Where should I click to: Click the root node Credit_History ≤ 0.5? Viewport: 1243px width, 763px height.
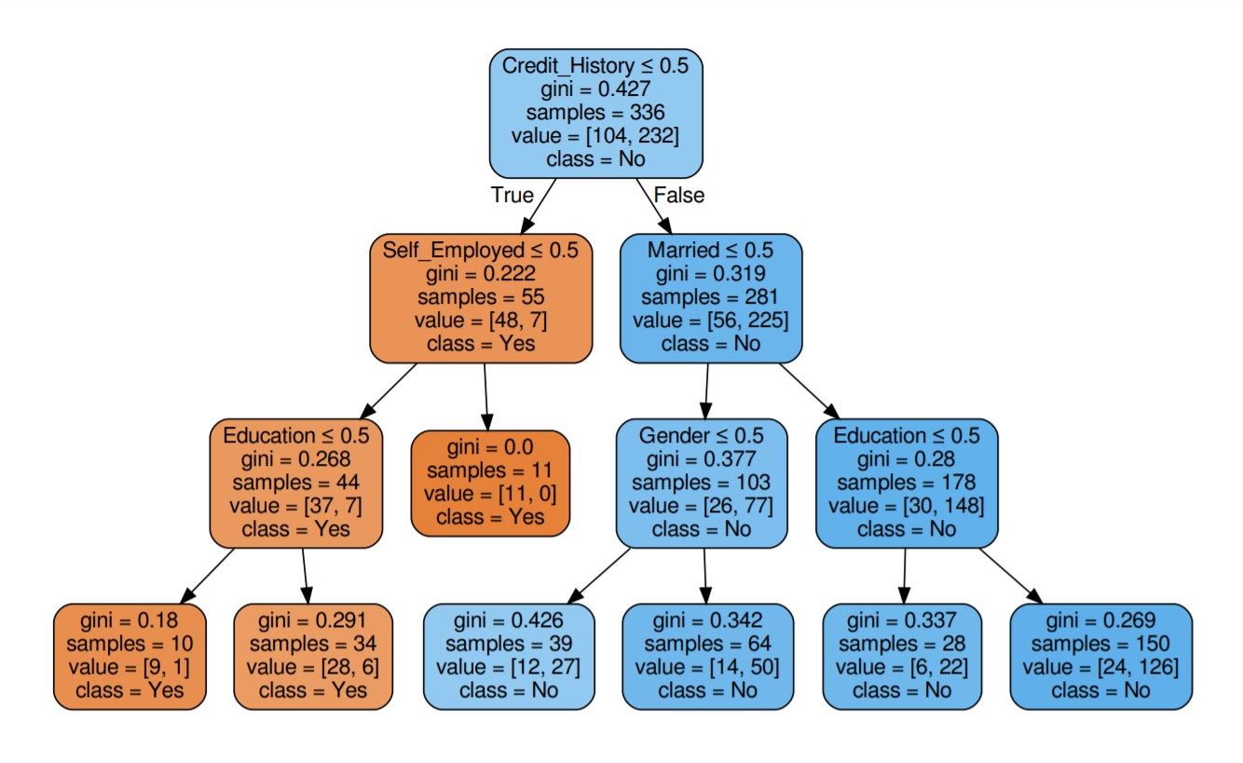tap(595, 112)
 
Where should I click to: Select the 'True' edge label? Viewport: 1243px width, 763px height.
tap(512, 196)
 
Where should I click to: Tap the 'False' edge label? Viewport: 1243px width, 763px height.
tap(678, 196)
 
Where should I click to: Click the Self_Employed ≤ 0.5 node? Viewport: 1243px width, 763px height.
tap(481, 297)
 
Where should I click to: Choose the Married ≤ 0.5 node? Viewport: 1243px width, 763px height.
tap(710, 297)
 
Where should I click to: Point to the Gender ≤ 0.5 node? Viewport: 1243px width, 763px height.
tap(701, 483)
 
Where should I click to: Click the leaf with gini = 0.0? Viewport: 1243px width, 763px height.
tap(489, 483)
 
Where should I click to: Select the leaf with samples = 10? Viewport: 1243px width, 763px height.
tap(130, 656)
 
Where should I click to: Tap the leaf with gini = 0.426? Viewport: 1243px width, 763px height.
tap(508, 656)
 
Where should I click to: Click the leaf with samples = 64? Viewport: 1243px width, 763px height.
tap(707, 656)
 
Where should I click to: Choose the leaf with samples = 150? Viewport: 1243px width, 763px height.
tap(1100, 656)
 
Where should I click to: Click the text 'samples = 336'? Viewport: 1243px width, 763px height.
tap(595, 113)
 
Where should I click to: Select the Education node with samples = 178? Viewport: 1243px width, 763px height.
tap(906, 483)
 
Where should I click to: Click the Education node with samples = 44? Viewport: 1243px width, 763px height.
tap(295, 483)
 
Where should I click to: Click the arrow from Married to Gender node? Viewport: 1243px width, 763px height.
tap(706, 391)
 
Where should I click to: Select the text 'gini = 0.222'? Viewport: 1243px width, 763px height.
tap(481, 274)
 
